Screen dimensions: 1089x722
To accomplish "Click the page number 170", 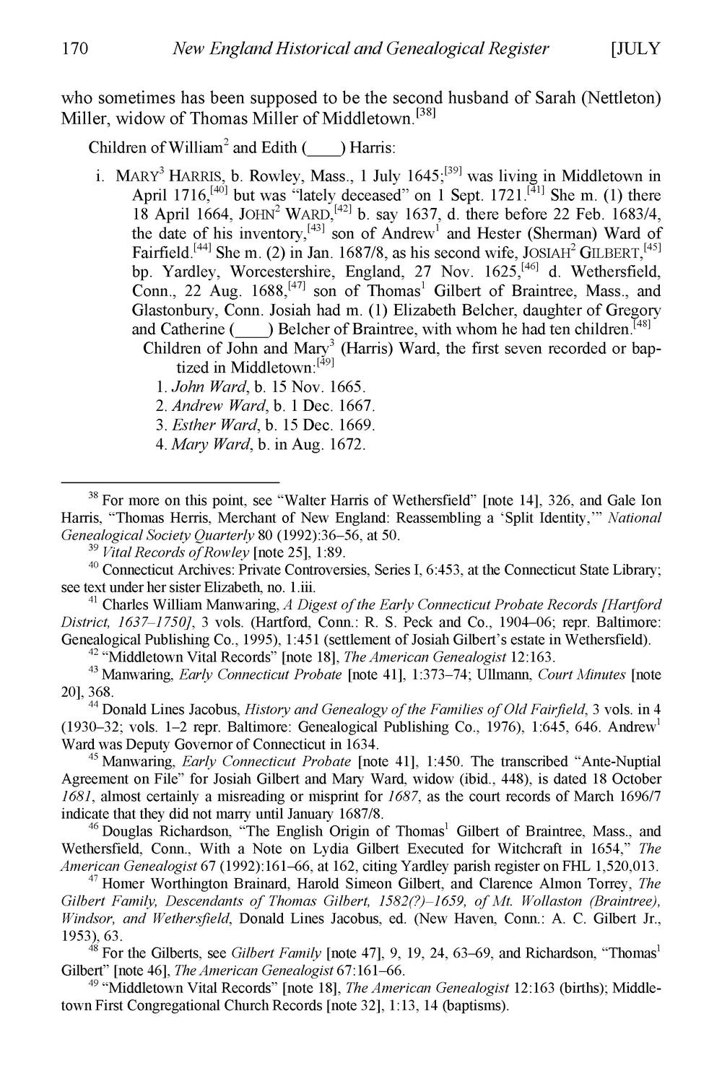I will [x=74, y=49].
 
